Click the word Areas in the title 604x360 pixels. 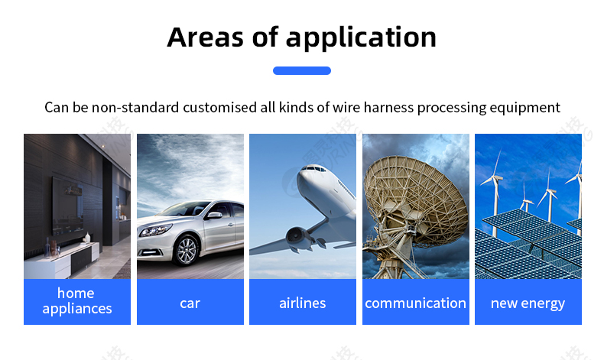point(206,37)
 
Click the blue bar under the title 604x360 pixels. point(302,70)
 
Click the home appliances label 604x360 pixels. point(77,301)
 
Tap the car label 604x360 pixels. point(190,303)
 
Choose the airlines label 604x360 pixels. point(303,303)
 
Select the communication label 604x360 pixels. point(415,303)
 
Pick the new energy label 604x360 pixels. point(528,303)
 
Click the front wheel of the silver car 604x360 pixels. point(187,250)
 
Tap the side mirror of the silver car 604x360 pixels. point(214,216)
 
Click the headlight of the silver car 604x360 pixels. point(155,230)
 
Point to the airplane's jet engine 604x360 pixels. point(297,235)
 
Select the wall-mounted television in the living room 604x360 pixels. point(67,207)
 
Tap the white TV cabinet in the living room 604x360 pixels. point(62,261)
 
